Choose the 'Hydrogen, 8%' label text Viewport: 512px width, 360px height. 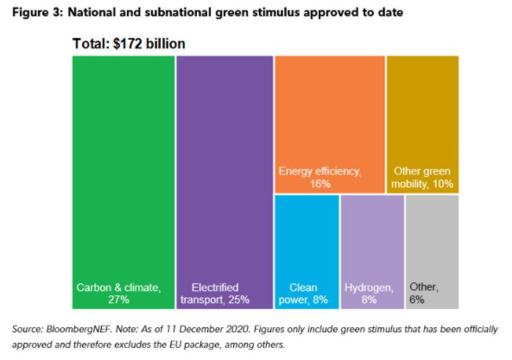[x=370, y=294]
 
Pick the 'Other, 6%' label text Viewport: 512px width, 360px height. [x=424, y=294]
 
